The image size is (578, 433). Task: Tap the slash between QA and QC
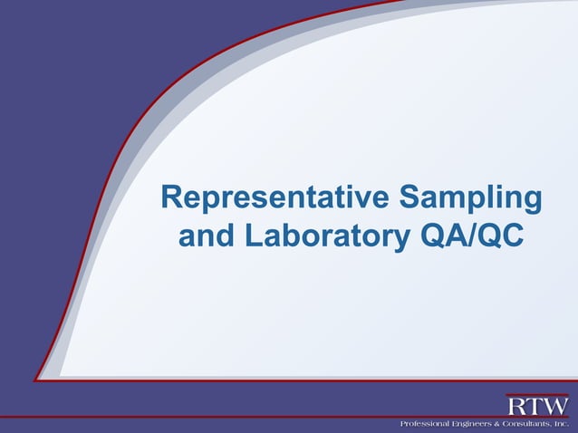pyautogui.click(x=466, y=236)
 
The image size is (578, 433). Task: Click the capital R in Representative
pyautogui.click(x=169, y=198)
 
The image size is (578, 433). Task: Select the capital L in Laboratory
pyautogui.click(x=253, y=236)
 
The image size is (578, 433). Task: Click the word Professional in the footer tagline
pyautogui.click(x=427, y=424)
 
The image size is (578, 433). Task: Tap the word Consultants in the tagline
pyautogui.click(x=527, y=424)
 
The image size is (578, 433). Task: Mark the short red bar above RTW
pyautogui.click(x=537, y=395)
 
